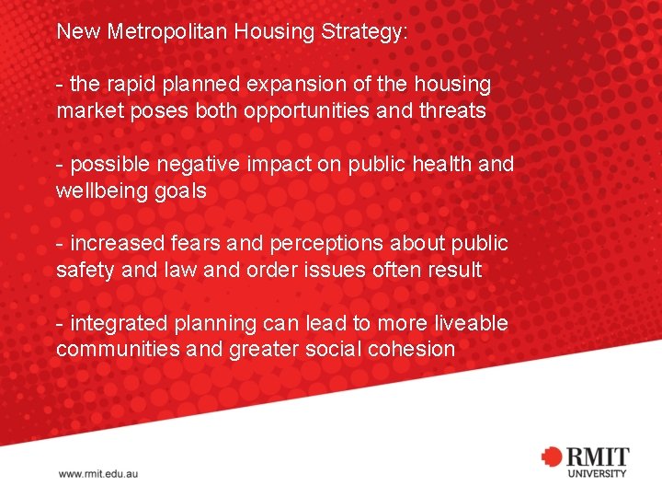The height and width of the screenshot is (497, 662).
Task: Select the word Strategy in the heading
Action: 363,31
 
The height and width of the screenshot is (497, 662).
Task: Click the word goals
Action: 179,191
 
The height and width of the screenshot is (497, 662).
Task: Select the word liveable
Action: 469,324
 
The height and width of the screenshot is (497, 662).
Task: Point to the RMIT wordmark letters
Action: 597,457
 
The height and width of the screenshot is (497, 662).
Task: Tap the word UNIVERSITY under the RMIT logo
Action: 597,474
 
